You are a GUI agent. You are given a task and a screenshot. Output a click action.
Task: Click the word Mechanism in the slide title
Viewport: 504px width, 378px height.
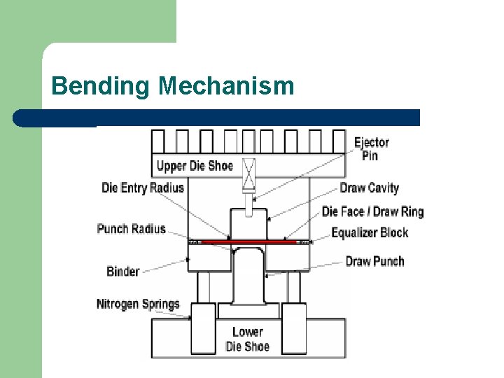(226, 86)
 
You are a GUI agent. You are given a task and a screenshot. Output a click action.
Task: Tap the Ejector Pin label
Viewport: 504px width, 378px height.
(371, 148)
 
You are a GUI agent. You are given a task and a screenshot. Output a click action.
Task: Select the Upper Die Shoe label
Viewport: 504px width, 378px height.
(195, 166)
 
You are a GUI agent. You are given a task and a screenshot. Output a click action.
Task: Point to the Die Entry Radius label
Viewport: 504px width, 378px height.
(143, 188)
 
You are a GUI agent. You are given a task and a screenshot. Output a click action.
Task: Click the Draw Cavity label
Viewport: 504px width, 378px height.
(369, 188)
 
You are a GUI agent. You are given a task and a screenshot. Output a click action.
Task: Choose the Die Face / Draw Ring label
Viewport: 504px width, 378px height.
(372, 211)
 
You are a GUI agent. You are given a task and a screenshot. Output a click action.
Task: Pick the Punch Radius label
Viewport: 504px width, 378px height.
(132, 229)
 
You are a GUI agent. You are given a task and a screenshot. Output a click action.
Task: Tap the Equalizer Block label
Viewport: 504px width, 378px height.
(369, 232)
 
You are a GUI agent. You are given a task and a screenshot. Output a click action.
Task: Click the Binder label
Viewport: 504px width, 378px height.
(122, 271)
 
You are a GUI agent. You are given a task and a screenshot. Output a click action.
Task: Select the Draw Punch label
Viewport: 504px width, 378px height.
(374, 261)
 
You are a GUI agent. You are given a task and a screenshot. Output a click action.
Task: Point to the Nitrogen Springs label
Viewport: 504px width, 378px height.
(138, 304)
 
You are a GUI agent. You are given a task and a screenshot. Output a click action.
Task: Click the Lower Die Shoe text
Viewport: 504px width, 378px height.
(248, 339)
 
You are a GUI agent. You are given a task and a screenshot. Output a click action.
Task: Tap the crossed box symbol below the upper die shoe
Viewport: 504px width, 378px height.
(248, 176)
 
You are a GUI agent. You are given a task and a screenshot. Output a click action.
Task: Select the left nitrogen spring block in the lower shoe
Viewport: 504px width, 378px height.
(204, 329)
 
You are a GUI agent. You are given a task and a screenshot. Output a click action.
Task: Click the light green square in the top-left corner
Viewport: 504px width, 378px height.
(87, 21)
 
